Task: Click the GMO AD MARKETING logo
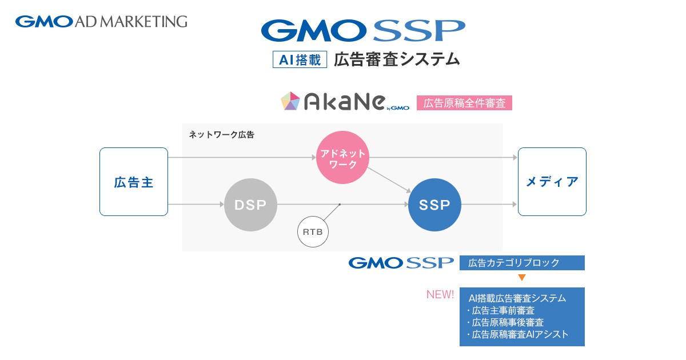point(101,22)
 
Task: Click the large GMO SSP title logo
point(363,30)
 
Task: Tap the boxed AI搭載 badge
point(300,59)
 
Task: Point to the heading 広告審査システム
point(397,59)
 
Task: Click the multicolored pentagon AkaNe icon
point(290,101)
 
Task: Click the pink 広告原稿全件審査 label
point(464,103)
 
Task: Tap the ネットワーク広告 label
point(221,135)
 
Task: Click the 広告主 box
point(134,182)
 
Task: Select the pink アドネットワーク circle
point(342,157)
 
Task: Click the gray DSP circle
point(250,205)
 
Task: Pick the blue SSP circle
point(434,205)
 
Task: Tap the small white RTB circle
point(313,232)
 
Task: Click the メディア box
point(552,182)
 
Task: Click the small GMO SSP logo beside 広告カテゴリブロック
point(401,263)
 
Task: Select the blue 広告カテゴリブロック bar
point(522,263)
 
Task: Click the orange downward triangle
point(522,278)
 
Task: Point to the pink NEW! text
point(440,294)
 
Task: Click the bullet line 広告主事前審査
point(501,311)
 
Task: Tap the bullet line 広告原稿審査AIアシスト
point(517,335)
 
